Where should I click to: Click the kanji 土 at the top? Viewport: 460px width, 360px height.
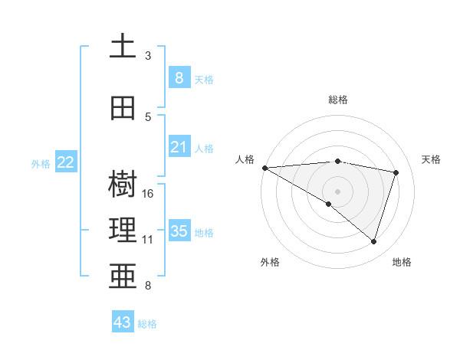click(x=123, y=46)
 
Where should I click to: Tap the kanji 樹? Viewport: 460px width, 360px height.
click(x=123, y=185)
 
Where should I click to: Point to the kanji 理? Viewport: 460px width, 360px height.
click(x=123, y=231)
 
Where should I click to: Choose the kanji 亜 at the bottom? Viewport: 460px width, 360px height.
click(x=123, y=277)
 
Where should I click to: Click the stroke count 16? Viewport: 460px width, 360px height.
click(x=149, y=194)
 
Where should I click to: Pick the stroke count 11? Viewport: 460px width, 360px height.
click(x=148, y=240)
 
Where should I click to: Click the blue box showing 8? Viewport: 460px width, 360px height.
click(x=179, y=77)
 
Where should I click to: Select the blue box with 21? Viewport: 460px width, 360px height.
click(x=179, y=147)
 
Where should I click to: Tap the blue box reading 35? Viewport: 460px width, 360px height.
click(x=179, y=231)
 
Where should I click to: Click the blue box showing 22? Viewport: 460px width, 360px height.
click(x=66, y=162)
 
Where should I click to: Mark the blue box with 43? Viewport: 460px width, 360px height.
click(x=122, y=322)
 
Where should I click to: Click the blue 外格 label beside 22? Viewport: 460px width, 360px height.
click(x=41, y=163)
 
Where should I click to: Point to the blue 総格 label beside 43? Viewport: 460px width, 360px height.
click(x=147, y=324)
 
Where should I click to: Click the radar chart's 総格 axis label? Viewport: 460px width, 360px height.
click(x=337, y=100)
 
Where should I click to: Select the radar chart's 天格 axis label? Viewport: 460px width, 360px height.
click(x=432, y=159)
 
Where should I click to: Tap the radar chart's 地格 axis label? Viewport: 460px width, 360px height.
click(x=402, y=262)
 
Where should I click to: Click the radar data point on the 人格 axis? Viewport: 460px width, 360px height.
click(x=264, y=168)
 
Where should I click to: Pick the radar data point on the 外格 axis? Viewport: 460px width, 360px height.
click(x=329, y=204)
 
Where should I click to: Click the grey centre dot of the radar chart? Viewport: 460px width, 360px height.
click(x=337, y=191)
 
